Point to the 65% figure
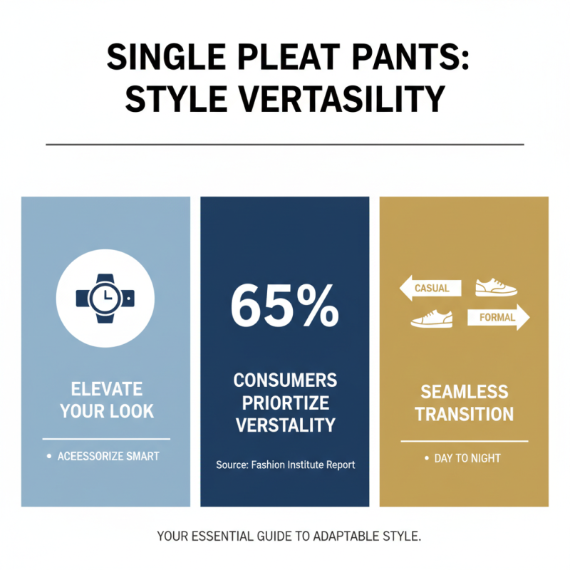[284, 304]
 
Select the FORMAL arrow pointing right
[497, 318]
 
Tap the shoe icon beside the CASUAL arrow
[495, 286]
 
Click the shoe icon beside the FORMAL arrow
[432, 318]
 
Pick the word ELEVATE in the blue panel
[107, 389]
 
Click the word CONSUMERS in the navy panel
[285, 379]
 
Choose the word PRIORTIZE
[285, 403]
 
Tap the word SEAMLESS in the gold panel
[464, 391]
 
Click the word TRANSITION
[464, 414]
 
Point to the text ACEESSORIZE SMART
[108, 456]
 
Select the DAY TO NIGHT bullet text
[467, 458]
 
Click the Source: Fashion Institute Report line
[285, 465]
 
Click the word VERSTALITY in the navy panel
[285, 425]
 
